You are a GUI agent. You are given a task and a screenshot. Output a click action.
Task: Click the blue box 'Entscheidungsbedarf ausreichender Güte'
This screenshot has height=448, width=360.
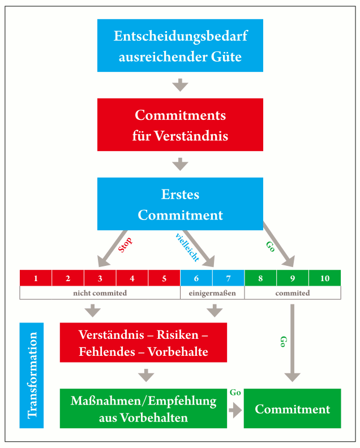pyautogui.click(x=180, y=45)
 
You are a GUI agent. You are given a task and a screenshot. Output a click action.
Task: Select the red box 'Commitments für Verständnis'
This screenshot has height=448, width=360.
pyautogui.click(x=180, y=124)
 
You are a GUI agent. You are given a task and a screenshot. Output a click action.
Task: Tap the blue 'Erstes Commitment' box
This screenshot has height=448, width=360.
pyautogui.click(x=180, y=204)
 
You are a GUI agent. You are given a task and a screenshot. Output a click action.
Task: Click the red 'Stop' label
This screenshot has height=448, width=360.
pyautogui.click(x=125, y=245)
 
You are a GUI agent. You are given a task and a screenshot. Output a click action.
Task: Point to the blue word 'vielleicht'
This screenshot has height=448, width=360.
pyautogui.click(x=187, y=247)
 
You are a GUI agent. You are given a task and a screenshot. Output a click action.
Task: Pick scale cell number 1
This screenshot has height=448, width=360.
pyautogui.click(x=36, y=278)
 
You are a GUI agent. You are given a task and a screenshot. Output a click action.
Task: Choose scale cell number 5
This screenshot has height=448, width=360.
pyautogui.click(x=164, y=278)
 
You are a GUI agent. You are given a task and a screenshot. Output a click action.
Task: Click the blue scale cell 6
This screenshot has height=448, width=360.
pyautogui.click(x=196, y=278)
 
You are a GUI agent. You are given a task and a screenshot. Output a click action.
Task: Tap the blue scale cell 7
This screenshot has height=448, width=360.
pyautogui.click(x=229, y=278)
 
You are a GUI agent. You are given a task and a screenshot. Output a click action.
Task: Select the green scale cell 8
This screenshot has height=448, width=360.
pyautogui.click(x=260, y=278)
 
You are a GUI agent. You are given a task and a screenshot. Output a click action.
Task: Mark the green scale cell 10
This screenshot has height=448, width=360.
pyautogui.click(x=325, y=278)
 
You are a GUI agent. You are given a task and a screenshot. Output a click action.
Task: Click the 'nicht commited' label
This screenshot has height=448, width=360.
pyautogui.click(x=100, y=293)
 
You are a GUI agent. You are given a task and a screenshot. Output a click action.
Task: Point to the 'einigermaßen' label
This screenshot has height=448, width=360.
pyautogui.click(x=212, y=294)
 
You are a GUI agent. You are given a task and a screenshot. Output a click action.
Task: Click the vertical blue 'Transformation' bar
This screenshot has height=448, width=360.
pyautogui.click(x=32, y=376)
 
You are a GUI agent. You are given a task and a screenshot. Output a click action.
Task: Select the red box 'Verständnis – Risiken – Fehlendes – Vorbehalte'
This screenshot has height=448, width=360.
pyautogui.click(x=143, y=343)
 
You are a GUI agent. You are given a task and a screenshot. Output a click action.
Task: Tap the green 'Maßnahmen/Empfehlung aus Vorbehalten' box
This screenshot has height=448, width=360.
pyautogui.click(x=143, y=408)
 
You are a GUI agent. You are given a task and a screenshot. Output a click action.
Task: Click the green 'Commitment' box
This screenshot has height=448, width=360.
pyautogui.click(x=292, y=408)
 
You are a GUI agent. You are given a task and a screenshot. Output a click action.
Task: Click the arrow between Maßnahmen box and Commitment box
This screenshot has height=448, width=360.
pyautogui.click(x=235, y=411)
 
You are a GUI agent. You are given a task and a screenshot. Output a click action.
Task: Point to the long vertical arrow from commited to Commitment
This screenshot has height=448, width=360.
pyautogui.click(x=292, y=343)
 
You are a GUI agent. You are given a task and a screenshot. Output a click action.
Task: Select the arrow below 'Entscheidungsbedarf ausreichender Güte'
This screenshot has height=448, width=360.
pyautogui.click(x=180, y=85)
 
